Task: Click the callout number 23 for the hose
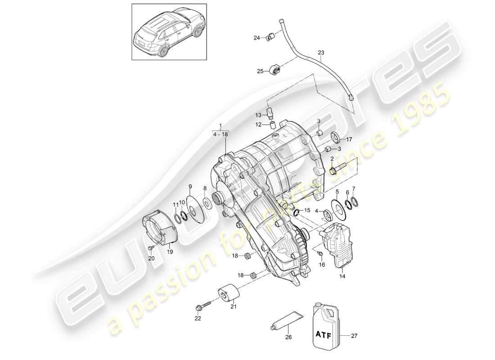click(320, 53)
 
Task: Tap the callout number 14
click(342, 277)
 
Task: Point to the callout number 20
click(151, 258)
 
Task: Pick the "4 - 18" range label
click(220, 134)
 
